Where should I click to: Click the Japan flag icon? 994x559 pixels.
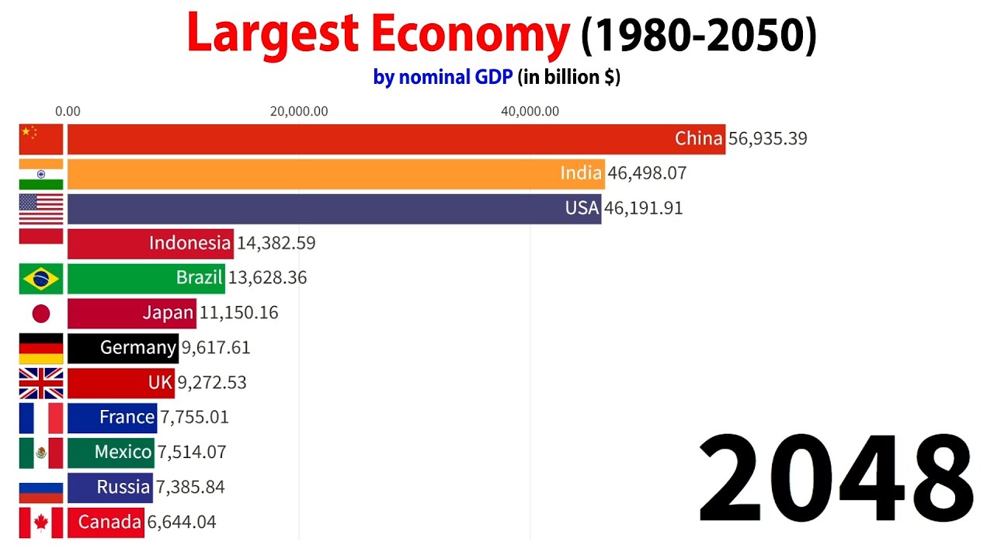(41, 313)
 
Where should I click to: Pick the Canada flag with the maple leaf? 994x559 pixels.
(41, 523)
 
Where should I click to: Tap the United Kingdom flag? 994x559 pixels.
(41, 383)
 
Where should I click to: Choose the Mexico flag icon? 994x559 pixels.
(41, 453)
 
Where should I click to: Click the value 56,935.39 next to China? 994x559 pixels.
(767, 139)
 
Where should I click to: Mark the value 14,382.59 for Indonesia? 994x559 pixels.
(276, 243)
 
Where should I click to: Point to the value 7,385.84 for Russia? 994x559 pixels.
(191, 488)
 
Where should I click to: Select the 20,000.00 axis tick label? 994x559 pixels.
(299, 111)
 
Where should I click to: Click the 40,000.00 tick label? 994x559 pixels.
(530, 111)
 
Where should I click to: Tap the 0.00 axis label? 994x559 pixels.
(68, 111)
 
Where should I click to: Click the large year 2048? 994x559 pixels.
(836, 480)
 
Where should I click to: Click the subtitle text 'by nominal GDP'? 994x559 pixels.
(443, 78)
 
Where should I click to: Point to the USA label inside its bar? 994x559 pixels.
(582, 208)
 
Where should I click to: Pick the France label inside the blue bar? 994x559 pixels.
(127, 418)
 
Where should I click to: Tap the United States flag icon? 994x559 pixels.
(41, 208)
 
